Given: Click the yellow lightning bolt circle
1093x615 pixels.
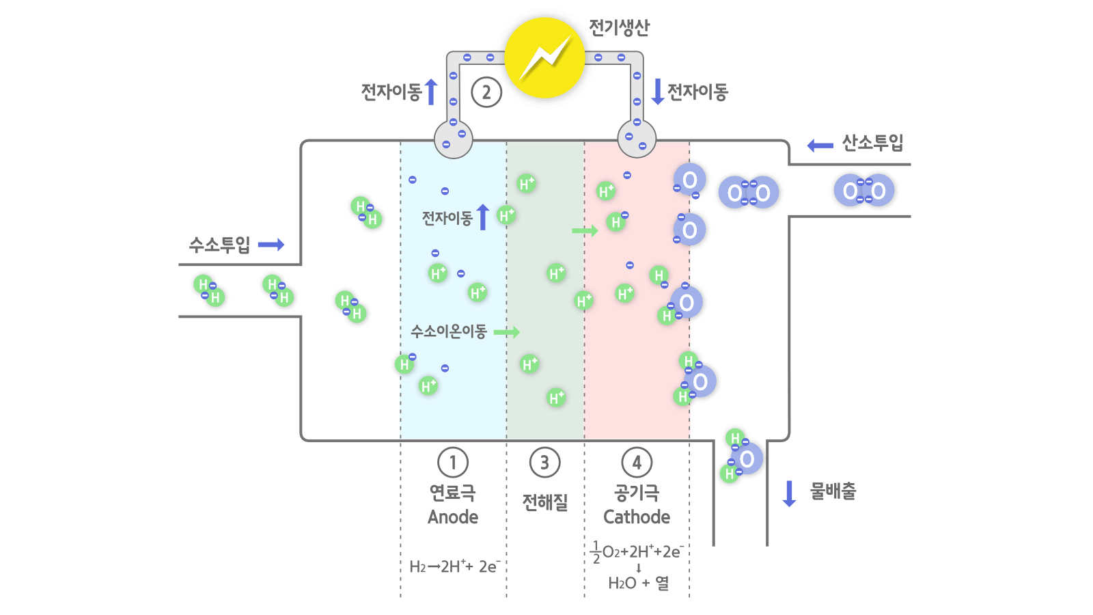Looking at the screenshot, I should click(x=544, y=58).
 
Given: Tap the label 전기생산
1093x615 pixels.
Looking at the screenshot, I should click(x=619, y=27).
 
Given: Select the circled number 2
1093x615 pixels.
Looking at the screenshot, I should click(x=486, y=92).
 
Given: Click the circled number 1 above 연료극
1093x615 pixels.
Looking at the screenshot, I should click(x=453, y=463).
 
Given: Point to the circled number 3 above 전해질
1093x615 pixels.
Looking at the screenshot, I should click(x=544, y=463).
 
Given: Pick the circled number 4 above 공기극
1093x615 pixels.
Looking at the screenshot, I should click(x=637, y=463).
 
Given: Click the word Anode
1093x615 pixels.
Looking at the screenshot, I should click(x=453, y=517).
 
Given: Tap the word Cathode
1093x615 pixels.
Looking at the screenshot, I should click(x=637, y=517).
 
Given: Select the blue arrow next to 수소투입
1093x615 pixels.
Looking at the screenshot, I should click(x=271, y=245).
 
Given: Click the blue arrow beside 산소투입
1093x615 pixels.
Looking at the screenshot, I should click(x=820, y=145).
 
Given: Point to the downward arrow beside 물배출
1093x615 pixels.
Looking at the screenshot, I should click(x=789, y=493).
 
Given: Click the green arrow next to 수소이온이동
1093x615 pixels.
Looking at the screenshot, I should click(x=507, y=332).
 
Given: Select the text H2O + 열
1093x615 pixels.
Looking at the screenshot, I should click(x=638, y=583).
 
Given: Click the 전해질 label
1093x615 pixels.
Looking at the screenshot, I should click(x=544, y=502).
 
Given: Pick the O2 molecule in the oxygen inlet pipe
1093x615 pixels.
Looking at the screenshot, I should click(x=864, y=191).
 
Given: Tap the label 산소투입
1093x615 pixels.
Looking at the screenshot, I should click(x=872, y=143).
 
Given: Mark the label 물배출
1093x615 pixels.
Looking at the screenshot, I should click(x=833, y=491).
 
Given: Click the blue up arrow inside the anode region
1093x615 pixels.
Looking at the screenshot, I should click(x=483, y=217).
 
